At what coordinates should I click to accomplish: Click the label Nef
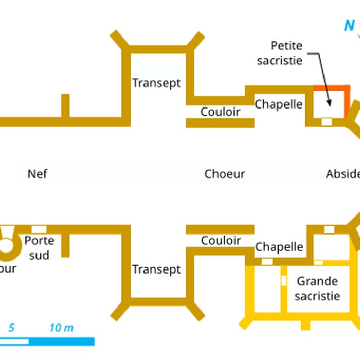38,174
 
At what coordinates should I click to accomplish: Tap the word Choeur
224,174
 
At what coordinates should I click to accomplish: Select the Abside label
343,174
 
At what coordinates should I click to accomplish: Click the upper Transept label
156,83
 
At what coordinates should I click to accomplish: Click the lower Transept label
156,269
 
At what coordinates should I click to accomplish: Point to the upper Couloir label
220,111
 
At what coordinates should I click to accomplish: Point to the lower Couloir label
221,240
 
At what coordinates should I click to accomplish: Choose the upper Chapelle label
279,104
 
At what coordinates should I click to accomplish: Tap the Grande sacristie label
318,289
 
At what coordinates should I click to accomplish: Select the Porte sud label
39,247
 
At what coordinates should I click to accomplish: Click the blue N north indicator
349,25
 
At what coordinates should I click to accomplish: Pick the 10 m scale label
61,328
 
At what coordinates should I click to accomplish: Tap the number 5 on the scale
11,328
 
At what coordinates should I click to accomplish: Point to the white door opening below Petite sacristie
327,121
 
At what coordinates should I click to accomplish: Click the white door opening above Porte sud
39,229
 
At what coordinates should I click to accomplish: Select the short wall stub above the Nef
65,105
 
